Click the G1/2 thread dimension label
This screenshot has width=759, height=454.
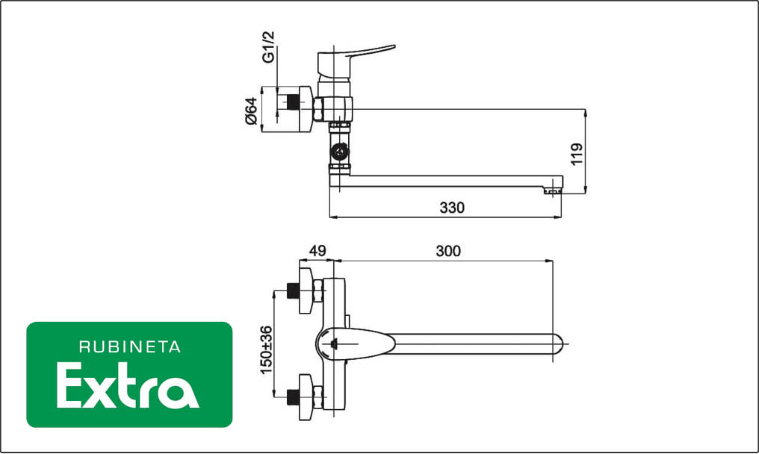[268, 47]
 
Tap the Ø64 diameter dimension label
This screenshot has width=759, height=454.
[251, 111]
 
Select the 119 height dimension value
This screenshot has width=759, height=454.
[577, 154]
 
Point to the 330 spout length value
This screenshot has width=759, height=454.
[452, 208]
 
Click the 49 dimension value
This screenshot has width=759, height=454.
[317, 251]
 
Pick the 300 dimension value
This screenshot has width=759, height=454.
[448, 251]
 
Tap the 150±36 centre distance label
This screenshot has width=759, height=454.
[266, 350]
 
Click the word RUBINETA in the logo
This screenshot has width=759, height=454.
[130, 346]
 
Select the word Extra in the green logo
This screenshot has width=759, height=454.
[128, 386]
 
